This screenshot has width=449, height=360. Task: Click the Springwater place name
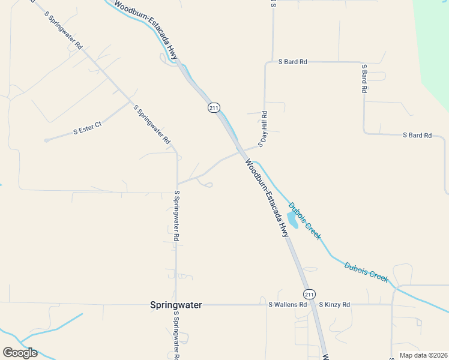point(175,305)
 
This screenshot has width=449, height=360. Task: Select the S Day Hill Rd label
point(262,129)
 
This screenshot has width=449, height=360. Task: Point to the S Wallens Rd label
point(288,305)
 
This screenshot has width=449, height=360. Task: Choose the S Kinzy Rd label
point(334,305)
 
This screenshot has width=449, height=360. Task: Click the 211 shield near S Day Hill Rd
point(214,107)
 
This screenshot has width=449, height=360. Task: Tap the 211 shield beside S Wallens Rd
point(309,294)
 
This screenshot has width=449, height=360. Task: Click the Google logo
point(20,353)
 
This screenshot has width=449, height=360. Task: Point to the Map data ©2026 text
point(423,355)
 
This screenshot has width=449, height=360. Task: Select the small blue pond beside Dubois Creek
point(292,221)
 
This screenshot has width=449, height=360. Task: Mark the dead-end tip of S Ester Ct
point(46,140)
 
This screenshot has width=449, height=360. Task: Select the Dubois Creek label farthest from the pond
point(366,272)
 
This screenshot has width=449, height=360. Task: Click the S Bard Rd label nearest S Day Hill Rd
point(293,62)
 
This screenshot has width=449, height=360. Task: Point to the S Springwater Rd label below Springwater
point(176,335)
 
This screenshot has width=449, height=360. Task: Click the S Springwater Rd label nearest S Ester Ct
point(152,125)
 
